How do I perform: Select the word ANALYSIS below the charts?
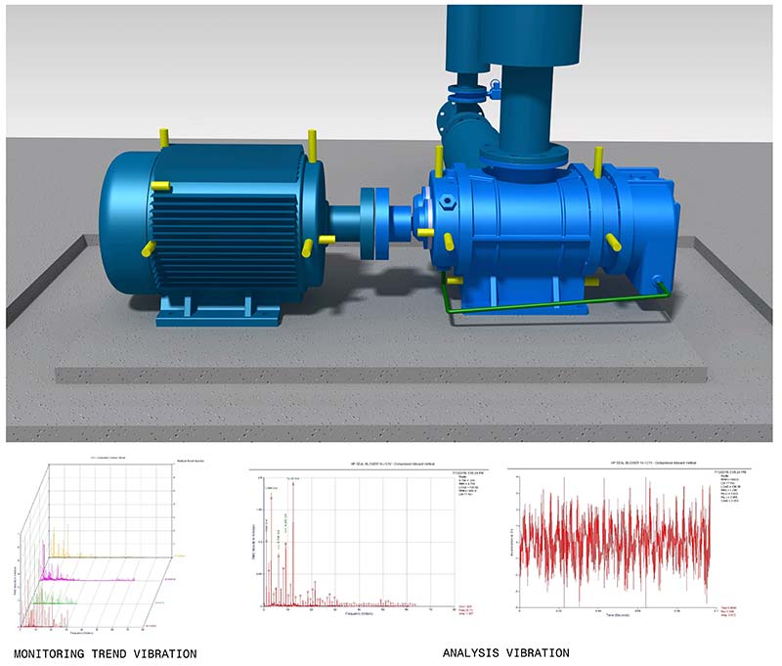pos(474,652)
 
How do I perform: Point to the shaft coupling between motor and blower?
pos(373,224)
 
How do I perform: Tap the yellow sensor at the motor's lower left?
pos(150,248)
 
